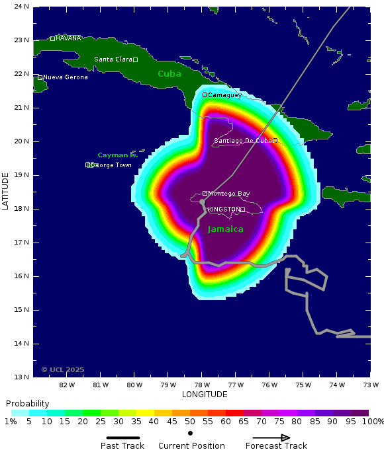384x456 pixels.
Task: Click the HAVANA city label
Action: (68, 38)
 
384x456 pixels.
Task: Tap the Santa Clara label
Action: (113, 59)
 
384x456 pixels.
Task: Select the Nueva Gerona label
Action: (66, 77)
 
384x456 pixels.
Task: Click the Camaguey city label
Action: (225, 95)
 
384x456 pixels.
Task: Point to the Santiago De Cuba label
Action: (243, 140)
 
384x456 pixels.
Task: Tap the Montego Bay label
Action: (229, 194)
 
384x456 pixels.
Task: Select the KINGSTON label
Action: (224, 209)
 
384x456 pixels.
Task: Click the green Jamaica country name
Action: (225, 229)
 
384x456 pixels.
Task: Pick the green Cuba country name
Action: (169, 74)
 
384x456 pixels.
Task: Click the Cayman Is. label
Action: (118, 155)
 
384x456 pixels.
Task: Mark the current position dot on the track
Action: (202, 202)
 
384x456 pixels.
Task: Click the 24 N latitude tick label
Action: (22, 7)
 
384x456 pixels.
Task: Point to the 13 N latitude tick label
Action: (22, 377)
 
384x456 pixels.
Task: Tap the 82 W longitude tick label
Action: (67, 385)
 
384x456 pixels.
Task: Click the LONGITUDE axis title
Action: (205, 395)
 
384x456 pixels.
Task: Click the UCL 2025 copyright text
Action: (63, 369)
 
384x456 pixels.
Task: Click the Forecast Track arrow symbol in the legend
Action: (271, 437)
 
